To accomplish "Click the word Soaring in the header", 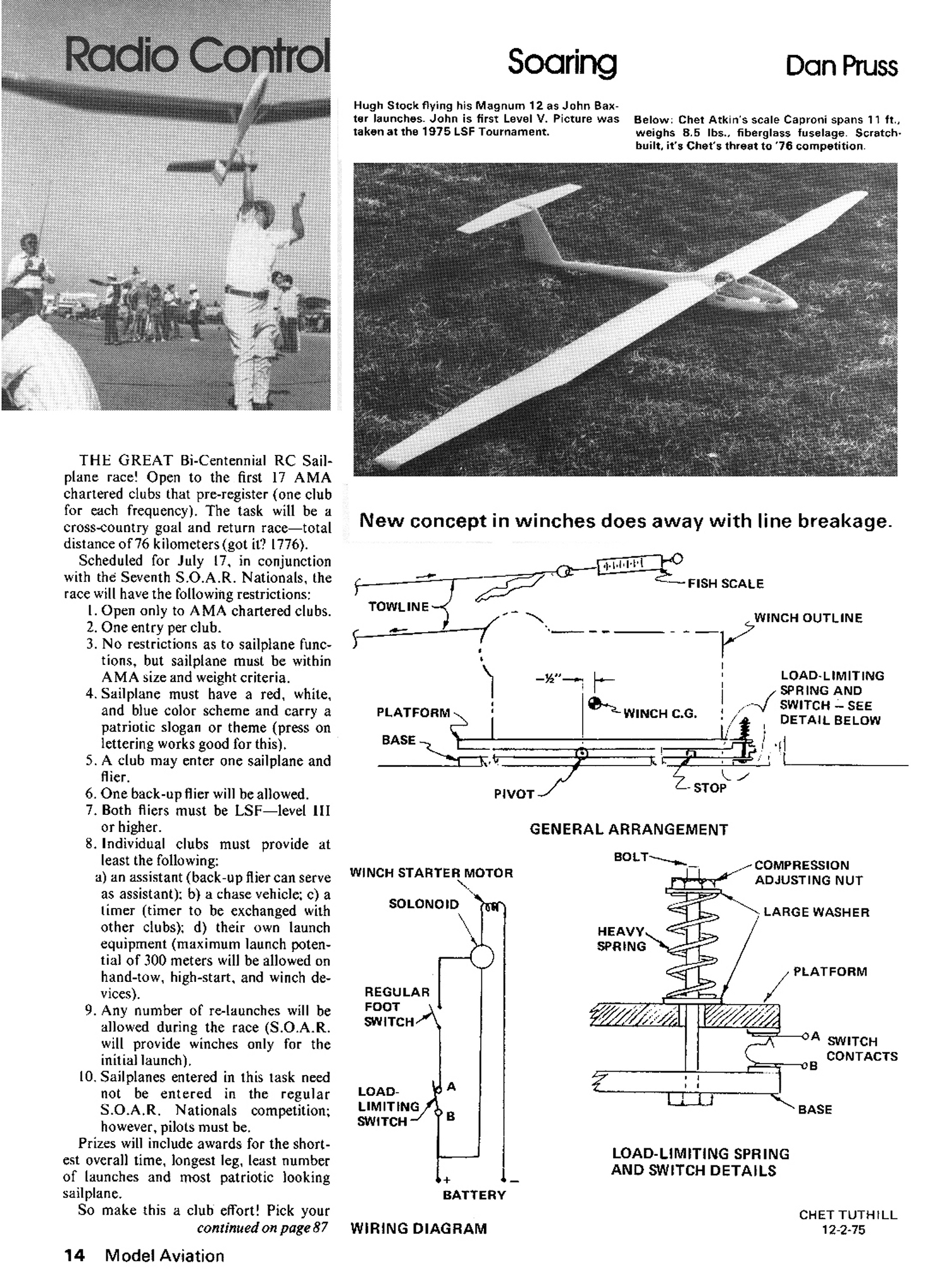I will coord(562,63).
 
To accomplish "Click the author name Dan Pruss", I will coord(841,66).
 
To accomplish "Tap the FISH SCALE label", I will coord(726,583).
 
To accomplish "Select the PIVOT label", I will coord(514,794).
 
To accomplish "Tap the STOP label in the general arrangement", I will coord(710,788).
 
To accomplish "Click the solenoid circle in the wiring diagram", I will coord(482,956).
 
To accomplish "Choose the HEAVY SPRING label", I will coord(621,939).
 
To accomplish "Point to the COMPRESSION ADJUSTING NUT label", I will coord(809,872).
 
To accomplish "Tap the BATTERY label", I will coord(474,1195).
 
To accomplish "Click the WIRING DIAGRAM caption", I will coord(418,1229).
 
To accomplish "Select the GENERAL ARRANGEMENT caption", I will coord(628,829).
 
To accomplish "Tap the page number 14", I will coord(75,1256).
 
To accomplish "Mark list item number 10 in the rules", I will coord(87,1077).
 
